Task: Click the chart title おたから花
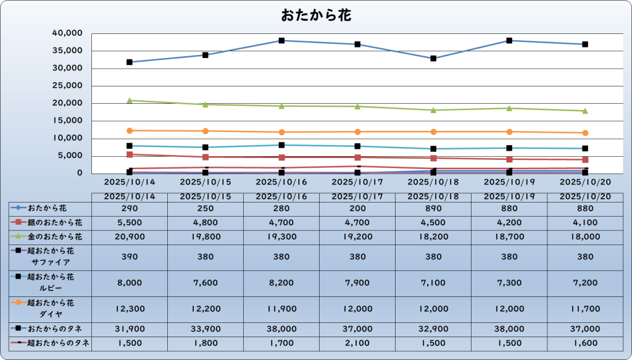316,15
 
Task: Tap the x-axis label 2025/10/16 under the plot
281,183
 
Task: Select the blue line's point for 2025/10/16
281,41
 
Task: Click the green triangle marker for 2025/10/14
130,100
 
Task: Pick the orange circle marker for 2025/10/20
585,133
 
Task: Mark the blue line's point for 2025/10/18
433,59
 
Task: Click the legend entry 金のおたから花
51,237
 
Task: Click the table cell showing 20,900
130,237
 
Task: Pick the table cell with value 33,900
205,329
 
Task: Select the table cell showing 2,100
357,343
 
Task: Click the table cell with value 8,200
281,282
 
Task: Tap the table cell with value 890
433,209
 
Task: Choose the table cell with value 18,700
509,237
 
